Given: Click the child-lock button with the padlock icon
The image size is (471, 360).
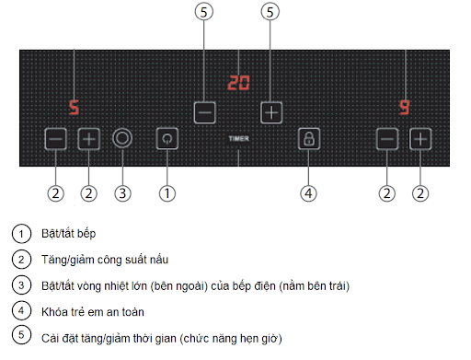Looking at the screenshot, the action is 309,139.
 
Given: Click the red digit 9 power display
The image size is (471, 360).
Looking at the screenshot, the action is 404,107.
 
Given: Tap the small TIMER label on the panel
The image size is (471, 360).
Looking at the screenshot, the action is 238,139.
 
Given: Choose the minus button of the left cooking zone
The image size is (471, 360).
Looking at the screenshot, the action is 55,139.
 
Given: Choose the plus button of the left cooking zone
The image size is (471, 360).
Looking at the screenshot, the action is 88,139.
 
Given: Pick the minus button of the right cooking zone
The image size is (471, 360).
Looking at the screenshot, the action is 387,139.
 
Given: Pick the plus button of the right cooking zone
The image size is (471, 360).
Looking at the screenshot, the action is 420,139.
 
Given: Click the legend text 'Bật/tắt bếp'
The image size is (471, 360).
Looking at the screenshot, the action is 70,234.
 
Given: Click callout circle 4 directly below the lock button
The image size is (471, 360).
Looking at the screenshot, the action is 309,193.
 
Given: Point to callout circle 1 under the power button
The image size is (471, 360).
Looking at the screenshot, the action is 167,193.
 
